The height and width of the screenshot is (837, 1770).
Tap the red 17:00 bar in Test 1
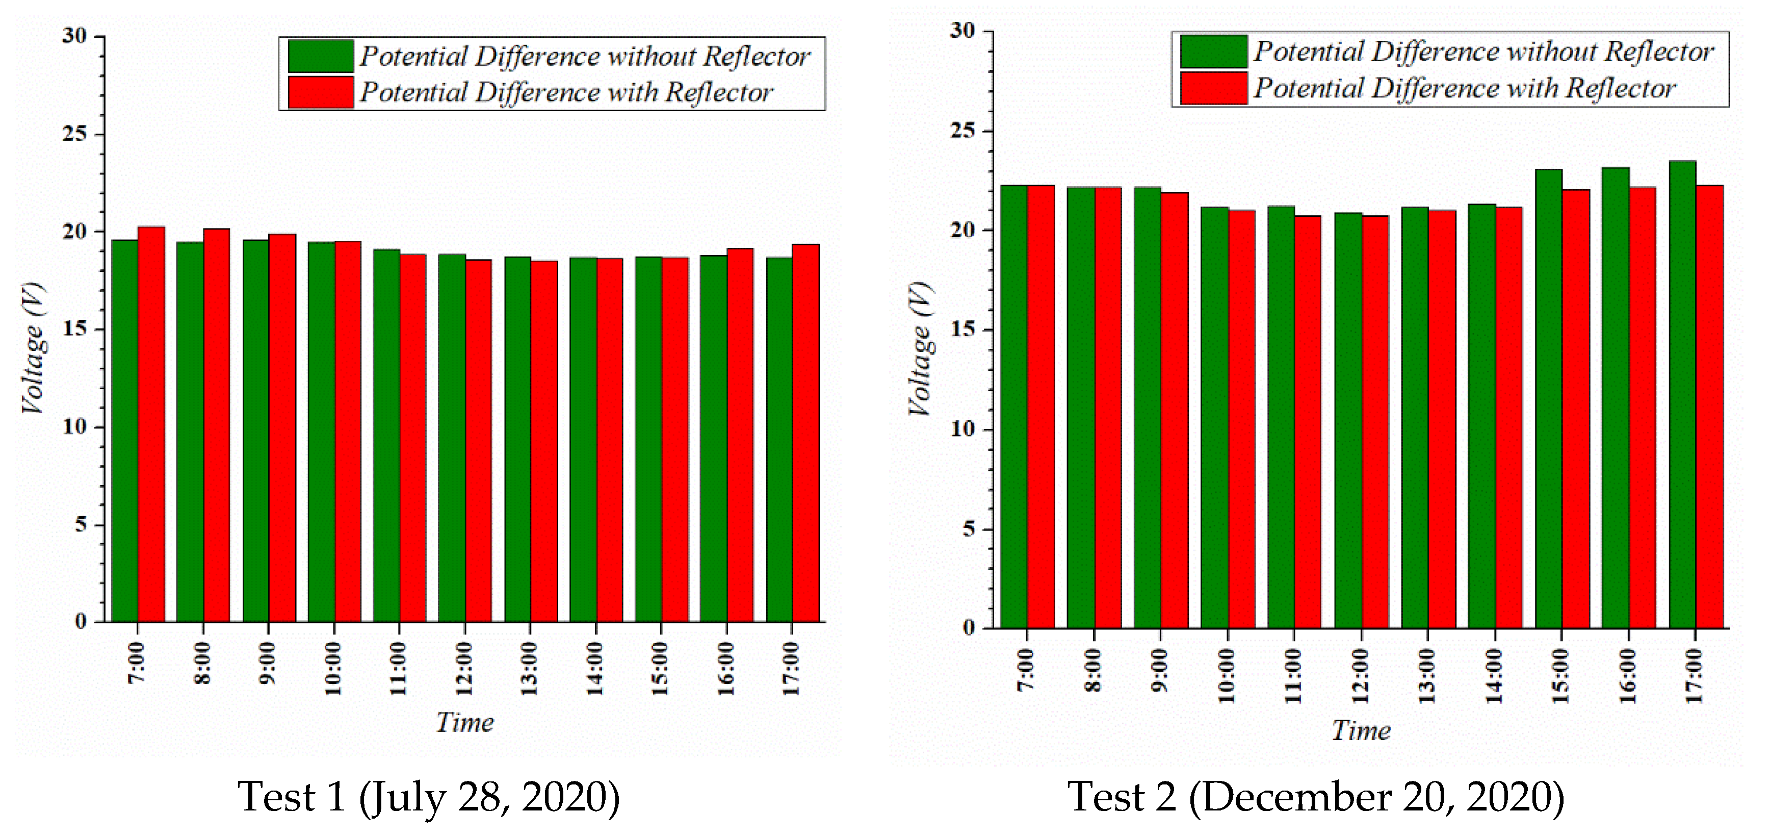pos(805,433)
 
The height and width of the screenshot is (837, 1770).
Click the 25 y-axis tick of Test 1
pos(74,133)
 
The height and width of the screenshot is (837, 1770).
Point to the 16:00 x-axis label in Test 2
pos(1628,675)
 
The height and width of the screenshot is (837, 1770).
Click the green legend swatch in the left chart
pos(320,56)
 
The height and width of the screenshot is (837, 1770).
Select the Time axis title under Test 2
pos(1361,730)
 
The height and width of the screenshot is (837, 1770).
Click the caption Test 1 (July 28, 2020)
pos(428,797)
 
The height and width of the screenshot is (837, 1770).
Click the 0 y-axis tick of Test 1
pos(81,622)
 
